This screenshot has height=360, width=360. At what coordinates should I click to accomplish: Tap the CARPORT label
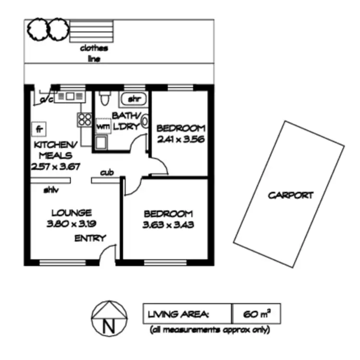(x=290, y=195)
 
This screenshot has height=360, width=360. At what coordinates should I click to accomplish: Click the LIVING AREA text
(x=178, y=315)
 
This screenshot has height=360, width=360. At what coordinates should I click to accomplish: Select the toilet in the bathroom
(x=104, y=98)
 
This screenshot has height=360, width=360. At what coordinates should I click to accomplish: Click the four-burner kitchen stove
(x=84, y=119)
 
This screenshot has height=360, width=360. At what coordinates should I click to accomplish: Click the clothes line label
(x=94, y=53)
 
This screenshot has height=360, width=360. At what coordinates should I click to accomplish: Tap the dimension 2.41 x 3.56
(x=181, y=139)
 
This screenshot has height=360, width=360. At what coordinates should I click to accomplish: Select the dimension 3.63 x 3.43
(x=168, y=224)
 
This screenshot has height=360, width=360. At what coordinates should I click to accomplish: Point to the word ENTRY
(x=90, y=238)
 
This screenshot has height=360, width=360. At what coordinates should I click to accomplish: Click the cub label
(x=107, y=172)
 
